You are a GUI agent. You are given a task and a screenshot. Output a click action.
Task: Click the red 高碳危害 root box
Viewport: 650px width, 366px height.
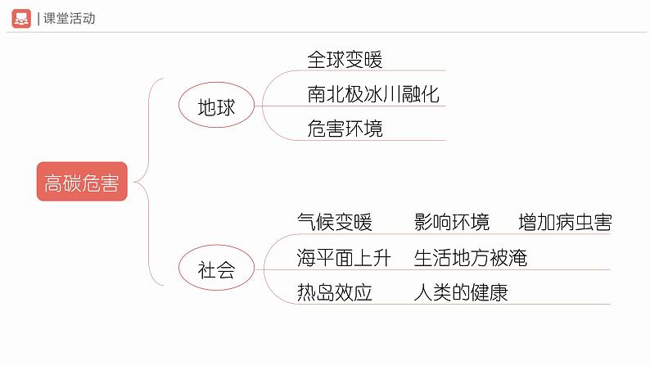tap(82, 182)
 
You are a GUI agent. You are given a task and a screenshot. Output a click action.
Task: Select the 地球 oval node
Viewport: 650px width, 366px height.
tap(216, 106)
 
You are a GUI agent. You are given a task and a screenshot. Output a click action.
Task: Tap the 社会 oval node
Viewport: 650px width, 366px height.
tap(216, 269)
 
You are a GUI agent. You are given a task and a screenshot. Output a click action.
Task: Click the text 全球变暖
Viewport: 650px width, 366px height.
tap(345, 59)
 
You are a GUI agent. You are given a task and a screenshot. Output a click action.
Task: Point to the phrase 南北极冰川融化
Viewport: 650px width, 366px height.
tap(373, 94)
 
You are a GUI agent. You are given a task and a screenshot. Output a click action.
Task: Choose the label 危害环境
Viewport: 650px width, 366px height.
tap(345, 129)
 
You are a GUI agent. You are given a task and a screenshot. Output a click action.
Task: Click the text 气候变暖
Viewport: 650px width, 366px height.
tap(334, 222)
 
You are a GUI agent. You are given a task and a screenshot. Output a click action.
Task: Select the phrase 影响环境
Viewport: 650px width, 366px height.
tap(452, 222)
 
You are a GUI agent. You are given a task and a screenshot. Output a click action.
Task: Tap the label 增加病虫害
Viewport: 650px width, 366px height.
tap(565, 222)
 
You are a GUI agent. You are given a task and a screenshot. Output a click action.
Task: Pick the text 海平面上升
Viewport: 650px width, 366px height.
tap(344, 258)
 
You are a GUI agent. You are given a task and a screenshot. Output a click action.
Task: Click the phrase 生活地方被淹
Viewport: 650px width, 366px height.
tap(471, 258)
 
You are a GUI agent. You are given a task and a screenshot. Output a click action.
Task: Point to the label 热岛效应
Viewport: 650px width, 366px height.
tap(334, 292)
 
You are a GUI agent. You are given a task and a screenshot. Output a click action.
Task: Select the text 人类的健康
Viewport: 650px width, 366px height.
tap(461, 292)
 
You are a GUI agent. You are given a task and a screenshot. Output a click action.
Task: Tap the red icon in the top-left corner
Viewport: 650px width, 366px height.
tap(22, 18)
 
